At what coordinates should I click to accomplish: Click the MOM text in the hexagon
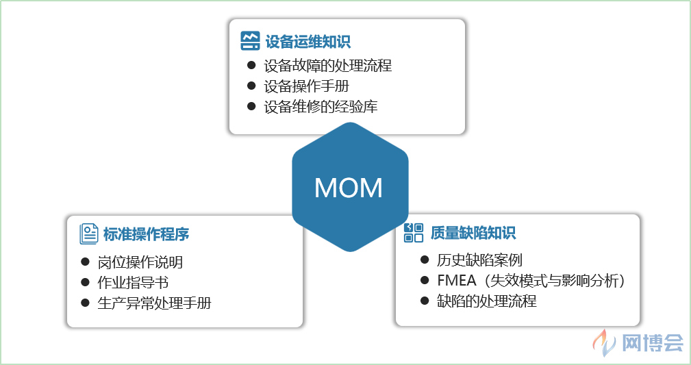tap(348, 188)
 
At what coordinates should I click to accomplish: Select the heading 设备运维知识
tap(307, 42)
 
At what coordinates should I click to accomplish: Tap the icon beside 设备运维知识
tap(250, 40)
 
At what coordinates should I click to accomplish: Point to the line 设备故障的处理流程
tap(327, 66)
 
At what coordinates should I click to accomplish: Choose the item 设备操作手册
tap(306, 86)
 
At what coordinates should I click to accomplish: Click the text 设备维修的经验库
tap(321, 107)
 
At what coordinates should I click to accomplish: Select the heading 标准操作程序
tap(146, 234)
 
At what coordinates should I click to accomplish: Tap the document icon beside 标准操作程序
tap(89, 234)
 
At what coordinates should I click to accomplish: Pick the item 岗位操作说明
tap(140, 262)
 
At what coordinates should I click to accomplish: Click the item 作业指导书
tap(133, 283)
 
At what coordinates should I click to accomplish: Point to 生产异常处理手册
tap(154, 303)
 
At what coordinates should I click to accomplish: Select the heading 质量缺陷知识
tap(473, 233)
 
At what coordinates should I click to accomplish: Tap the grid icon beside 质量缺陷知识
tap(414, 233)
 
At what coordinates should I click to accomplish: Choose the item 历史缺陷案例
tap(479, 260)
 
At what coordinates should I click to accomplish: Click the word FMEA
tap(457, 280)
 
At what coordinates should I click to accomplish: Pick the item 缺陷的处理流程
tap(486, 301)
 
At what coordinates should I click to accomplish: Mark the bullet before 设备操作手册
tap(251, 86)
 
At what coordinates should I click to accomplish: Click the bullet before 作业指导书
tap(85, 282)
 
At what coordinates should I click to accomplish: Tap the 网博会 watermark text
tap(652, 342)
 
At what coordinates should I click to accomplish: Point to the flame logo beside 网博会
tap(604, 342)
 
